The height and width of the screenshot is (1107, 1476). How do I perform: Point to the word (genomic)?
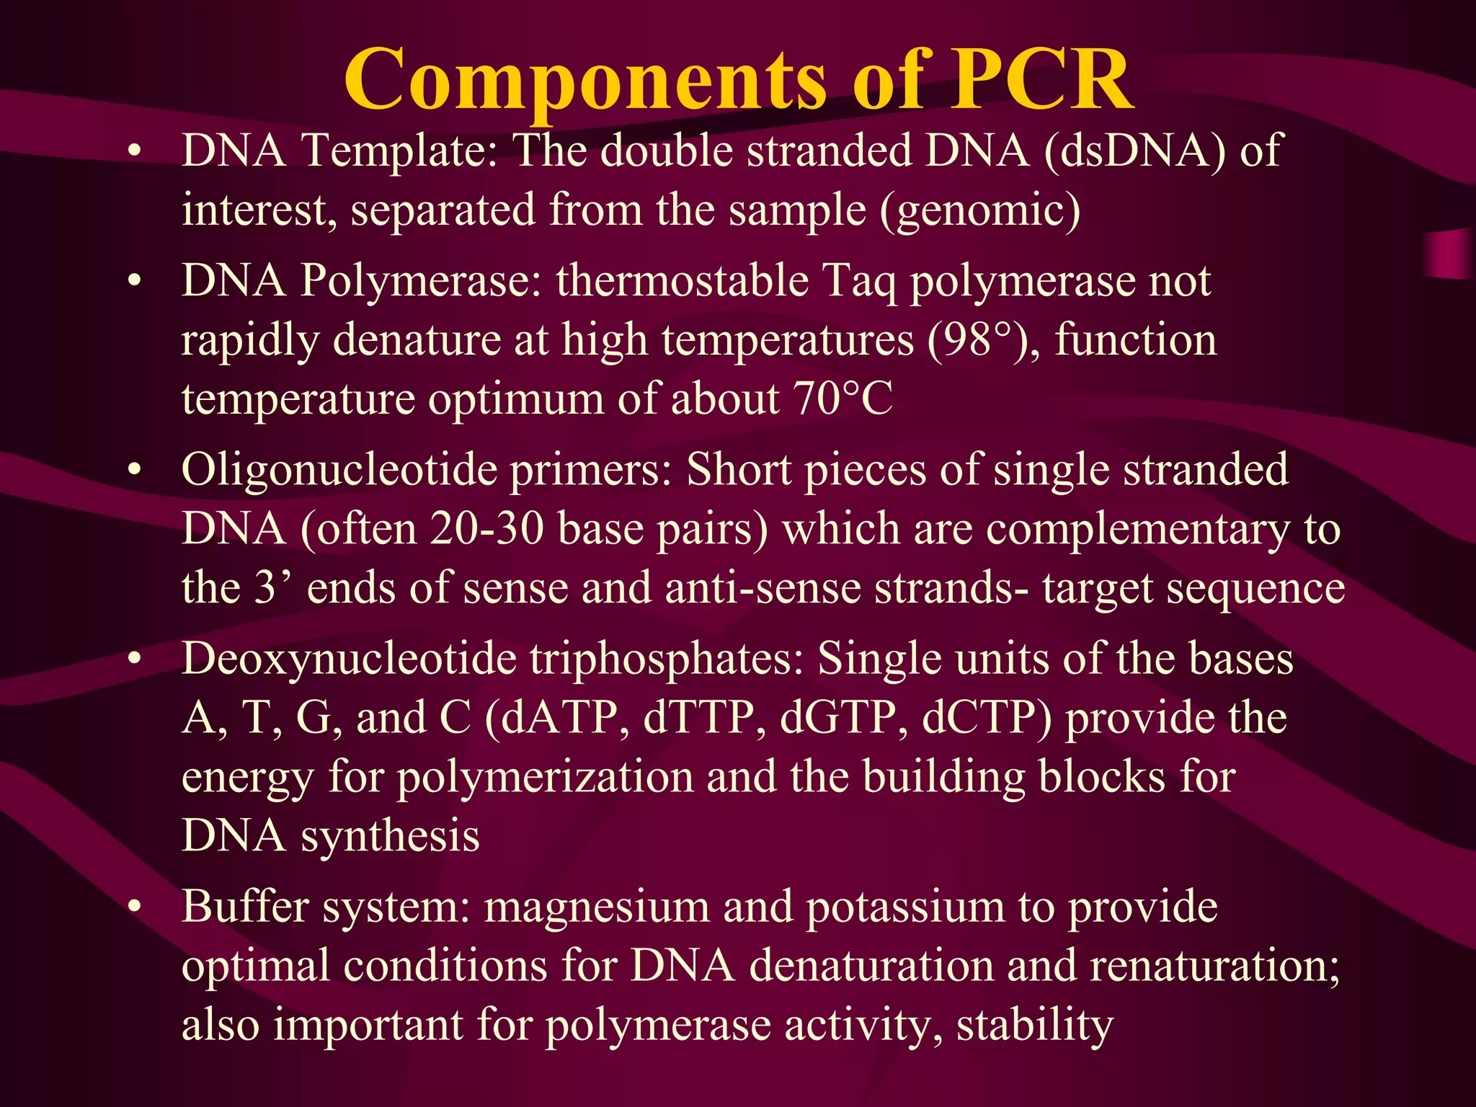[980, 211]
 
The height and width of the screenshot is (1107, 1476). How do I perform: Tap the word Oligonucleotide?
[338, 470]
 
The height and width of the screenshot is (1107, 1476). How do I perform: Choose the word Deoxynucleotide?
[349, 659]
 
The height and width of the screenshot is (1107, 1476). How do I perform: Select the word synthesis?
[390, 836]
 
